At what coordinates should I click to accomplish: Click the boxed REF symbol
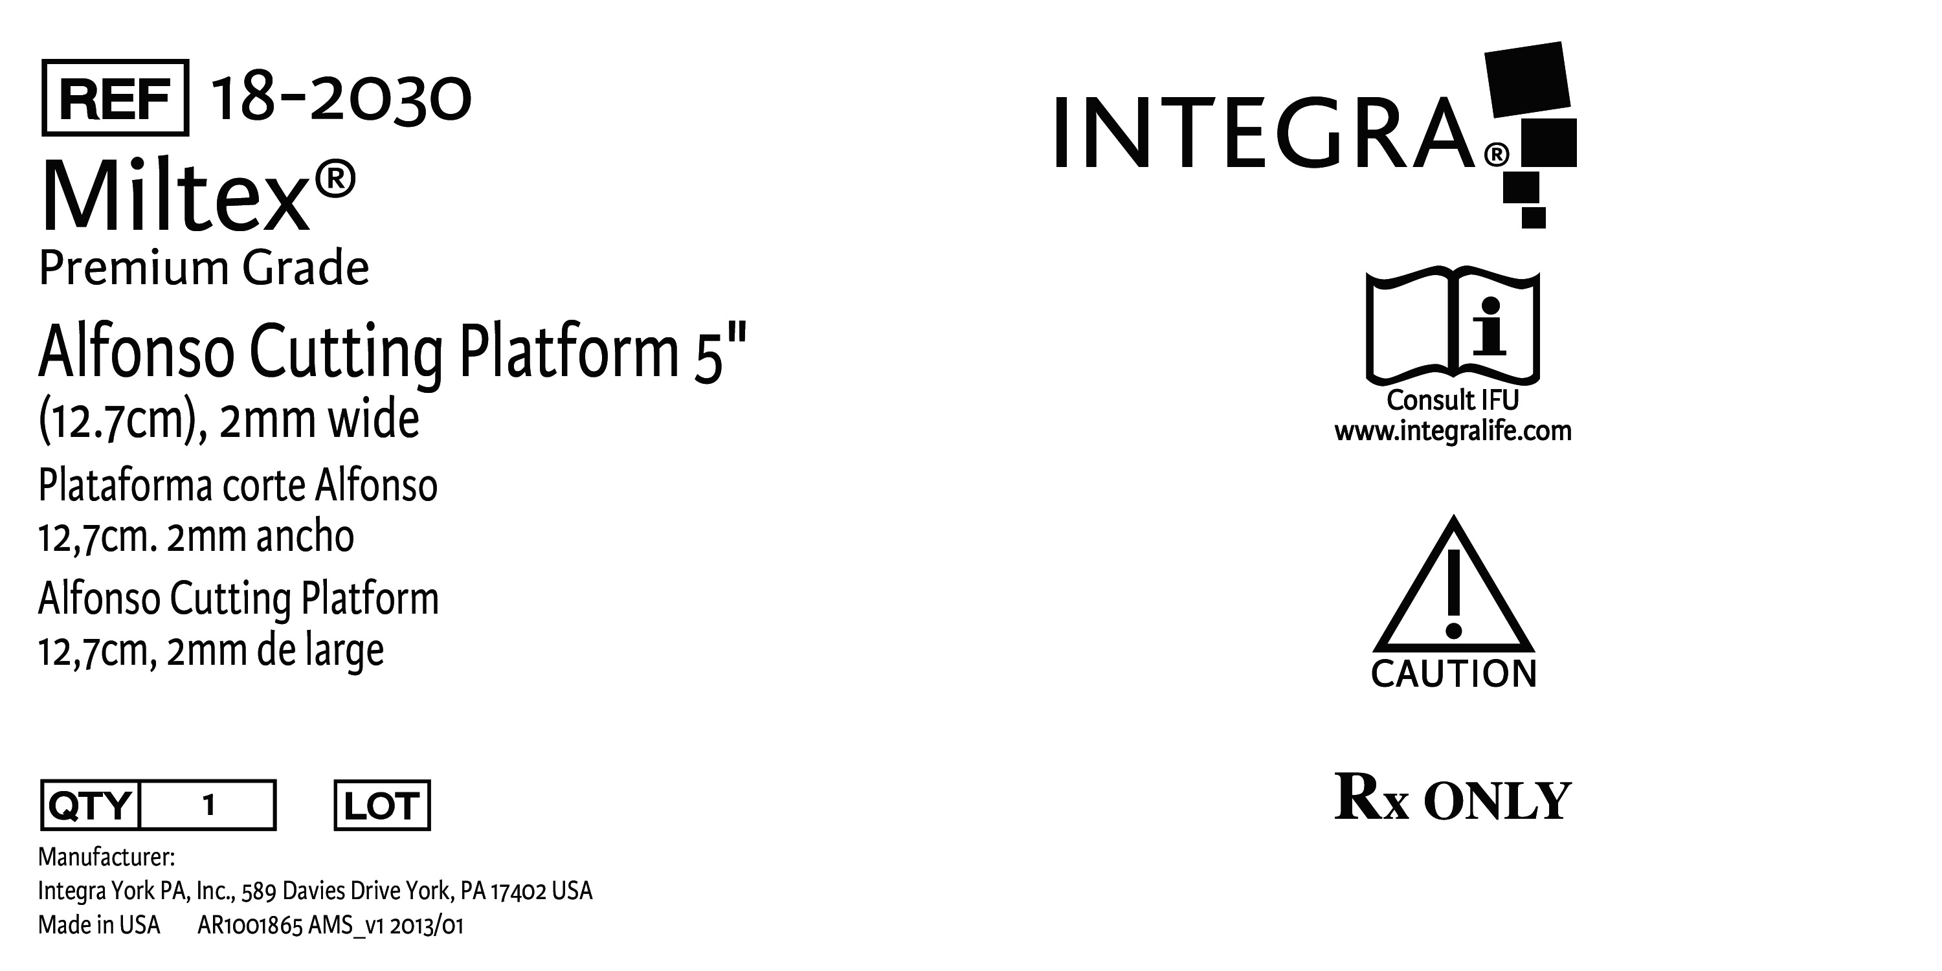[x=115, y=98]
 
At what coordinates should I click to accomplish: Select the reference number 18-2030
[x=340, y=99]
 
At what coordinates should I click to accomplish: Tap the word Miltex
[x=175, y=196]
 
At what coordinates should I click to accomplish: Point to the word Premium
[x=134, y=269]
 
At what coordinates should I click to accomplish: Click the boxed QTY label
[x=91, y=805]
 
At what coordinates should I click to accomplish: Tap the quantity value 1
[x=209, y=805]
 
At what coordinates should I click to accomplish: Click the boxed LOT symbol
[x=382, y=805]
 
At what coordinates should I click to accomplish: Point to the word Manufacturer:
[x=106, y=858]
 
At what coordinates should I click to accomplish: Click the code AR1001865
[x=251, y=926]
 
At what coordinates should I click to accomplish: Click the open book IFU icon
[x=1453, y=326]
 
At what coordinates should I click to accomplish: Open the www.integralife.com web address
[x=1453, y=432]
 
